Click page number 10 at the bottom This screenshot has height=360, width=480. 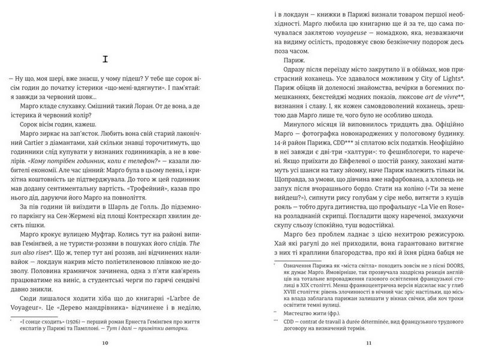(x=106, y=343)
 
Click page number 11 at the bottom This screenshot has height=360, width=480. (x=369, y=343)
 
